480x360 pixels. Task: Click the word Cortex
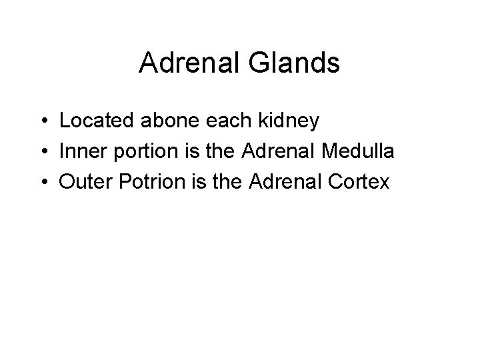pos(360,181)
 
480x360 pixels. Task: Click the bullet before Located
pos(42,122)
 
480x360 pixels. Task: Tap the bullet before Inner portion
pos(42,152)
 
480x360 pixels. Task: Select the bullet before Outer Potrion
pos(42,182)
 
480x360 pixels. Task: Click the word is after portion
pos(189,151)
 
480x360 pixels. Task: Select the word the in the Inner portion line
pos(217,151)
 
